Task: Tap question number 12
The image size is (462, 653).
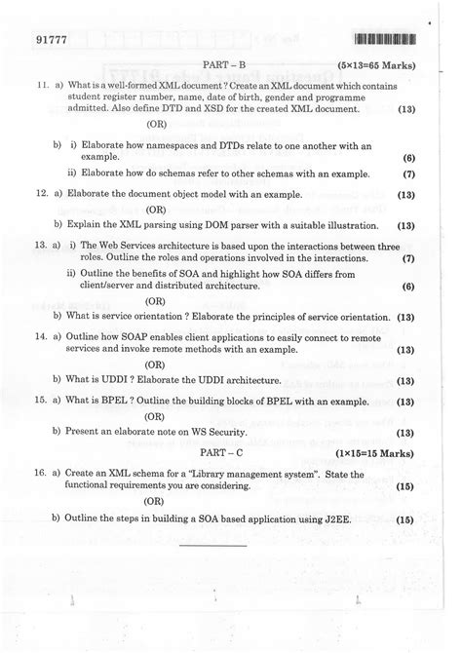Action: click(41, 195)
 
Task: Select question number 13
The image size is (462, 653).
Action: click(41, 245)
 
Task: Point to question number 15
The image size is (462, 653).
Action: click(41, 401)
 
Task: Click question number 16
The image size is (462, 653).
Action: click(41, 473)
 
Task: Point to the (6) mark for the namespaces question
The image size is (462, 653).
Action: click(408, 156)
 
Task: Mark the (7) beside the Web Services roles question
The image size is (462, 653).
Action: click(408, 259)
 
